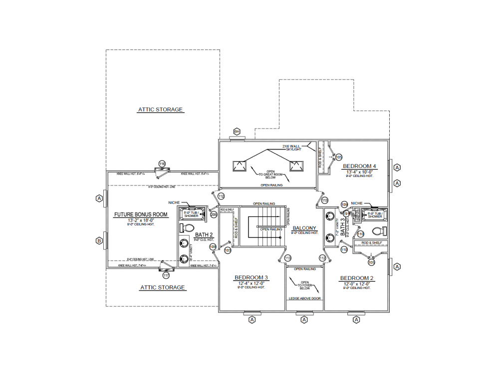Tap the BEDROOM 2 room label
tap(357, 278)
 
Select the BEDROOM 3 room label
tap(251, 277)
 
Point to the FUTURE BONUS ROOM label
tap(141, 214)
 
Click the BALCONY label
tap(304, 227)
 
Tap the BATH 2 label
tap(204, 234)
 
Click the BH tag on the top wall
tap(237, 132)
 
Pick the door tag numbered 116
tap(162, 164)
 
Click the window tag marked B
tap(99, 240)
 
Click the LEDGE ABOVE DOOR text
tap(304, 298)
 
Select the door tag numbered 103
tap(228, 249)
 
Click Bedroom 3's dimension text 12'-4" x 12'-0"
tap(251, 283)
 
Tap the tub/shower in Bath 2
tap(191, 213)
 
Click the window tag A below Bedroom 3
tap(252, 319)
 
